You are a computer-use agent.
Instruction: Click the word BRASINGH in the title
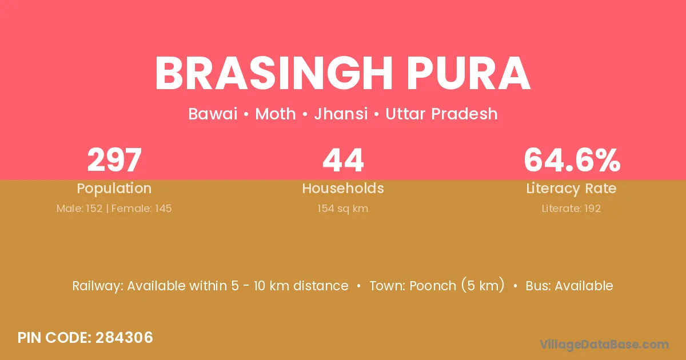coord(273,73)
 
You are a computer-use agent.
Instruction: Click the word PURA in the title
coord(469,73)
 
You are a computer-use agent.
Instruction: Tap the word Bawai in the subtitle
coord(213,114)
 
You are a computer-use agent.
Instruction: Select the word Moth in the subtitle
coord(276,114)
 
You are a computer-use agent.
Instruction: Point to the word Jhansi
coord(341,114)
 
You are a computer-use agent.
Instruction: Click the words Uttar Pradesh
coord(441,114)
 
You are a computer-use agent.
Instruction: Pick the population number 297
coord(114,160)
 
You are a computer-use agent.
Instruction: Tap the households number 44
coord(343,160)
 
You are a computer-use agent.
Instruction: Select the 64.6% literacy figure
coord(572,160)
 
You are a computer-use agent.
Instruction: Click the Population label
coord(114,189)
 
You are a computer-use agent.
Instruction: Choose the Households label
coord(343,188)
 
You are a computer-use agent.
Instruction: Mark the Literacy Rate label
coord(571,189)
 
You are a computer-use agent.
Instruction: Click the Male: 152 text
coord(79,209)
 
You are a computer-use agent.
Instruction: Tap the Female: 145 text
coord(142,209)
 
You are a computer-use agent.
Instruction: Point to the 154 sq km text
coord(342,209)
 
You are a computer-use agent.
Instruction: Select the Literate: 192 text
coord(571,209)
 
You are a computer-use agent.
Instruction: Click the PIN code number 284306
coord(124,338)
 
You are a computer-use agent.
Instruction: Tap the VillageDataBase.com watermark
coord(604,345)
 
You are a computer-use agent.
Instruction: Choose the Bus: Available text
coord(569,286)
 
